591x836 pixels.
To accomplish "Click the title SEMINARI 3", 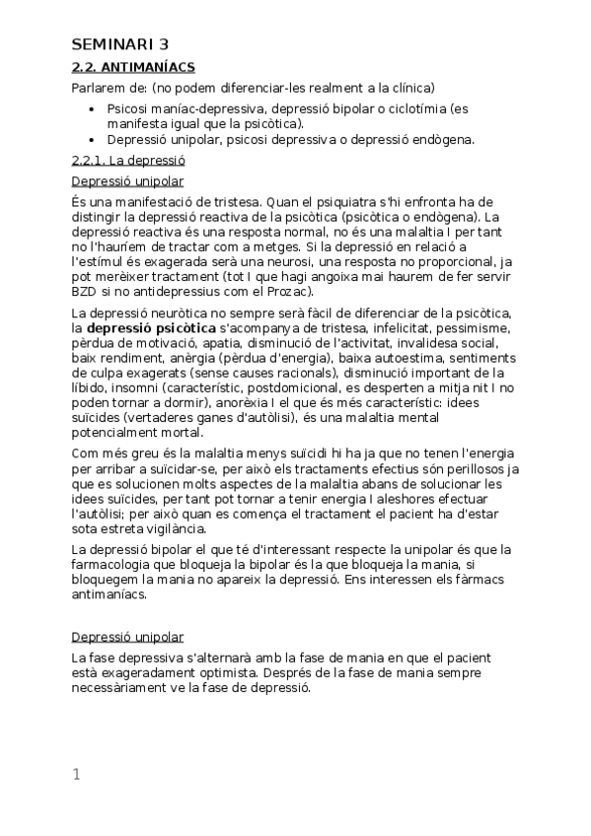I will pyautogui.click(x=120, y=43).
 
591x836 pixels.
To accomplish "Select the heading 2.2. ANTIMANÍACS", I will pyautogui.click(x=133, y=67).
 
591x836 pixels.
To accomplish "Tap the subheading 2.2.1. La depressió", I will pyautogui.click(x=129, y=160).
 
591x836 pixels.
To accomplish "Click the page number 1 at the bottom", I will pyautogui.click(x=76, y=775).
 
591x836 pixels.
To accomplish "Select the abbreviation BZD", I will pyautogui.click(x=85, y=291).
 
